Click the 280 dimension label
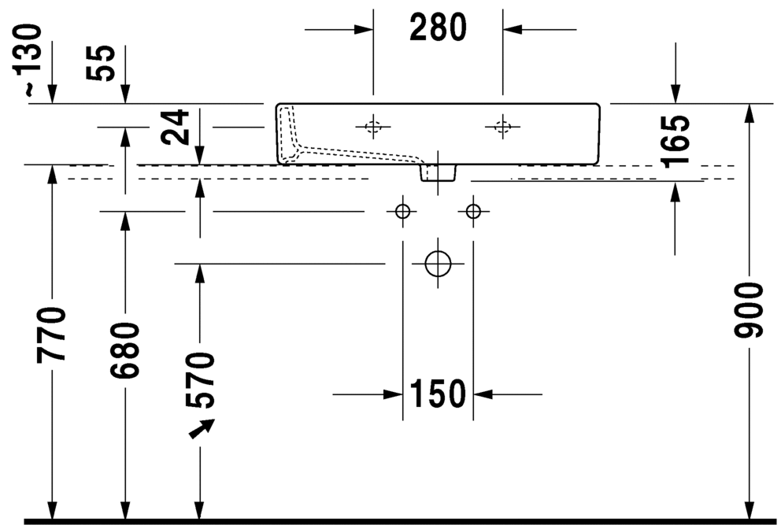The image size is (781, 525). coord(438,28)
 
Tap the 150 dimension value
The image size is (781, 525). coord(438,394)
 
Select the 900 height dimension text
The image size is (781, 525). coord(749,310)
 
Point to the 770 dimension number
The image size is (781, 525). coord(51,335)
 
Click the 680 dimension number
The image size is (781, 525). coord(125,350)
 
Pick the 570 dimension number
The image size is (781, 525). coord(200,380)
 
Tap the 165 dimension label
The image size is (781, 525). coord(675,141)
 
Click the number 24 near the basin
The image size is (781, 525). coord(176,128)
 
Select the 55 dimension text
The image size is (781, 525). coord(101,63)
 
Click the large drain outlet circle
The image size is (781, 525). coord(439,264)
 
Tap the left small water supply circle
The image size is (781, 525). coord(402,211)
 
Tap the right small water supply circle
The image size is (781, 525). coord(473,211)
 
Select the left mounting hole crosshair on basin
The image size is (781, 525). coord(373,127)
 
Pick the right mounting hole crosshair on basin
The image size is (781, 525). coord(502,127)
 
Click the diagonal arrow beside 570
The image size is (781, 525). coord(202,428)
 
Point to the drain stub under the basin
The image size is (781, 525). coord(439,172)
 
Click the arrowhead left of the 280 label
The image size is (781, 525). coord(364,29)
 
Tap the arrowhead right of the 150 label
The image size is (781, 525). coord(483,394)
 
